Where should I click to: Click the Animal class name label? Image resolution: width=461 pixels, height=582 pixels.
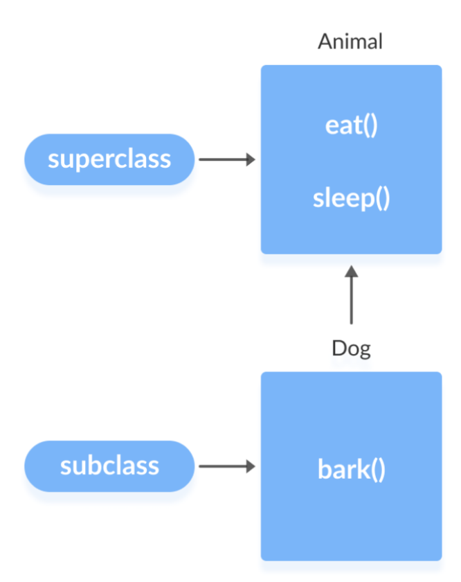[x=350, y=41]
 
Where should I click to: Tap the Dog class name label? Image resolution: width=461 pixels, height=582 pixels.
[x=351, y=349]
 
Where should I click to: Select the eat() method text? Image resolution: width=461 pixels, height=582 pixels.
[x=351, y=125]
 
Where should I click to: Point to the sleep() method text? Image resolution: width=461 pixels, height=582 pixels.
[x=351, y=198]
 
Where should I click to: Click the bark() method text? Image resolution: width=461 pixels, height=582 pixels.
[x=351, y=469]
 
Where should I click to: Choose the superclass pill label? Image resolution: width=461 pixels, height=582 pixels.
[x=109, y=159]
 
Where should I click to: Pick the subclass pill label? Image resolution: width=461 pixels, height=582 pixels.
[x=109, y=466]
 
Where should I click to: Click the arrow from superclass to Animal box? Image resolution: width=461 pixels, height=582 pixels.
[x=227, y=159]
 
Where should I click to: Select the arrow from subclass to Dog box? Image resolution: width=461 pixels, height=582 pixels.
[x=227, y=466]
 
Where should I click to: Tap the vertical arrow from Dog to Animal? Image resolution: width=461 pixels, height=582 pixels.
[x=351, y=294]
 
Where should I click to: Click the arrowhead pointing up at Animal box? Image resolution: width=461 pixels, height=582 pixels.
[x=351, y=271]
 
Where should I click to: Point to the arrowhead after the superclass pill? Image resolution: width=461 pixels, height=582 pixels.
[x=251, y=159]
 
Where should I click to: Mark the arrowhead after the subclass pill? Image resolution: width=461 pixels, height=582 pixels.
[x=251, y=466]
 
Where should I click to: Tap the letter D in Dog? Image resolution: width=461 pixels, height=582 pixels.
[x=338, y=348]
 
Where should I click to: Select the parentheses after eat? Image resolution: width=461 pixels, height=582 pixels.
[x=370, y=125]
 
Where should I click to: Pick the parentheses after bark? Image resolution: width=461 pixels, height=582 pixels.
[x=378, y=470]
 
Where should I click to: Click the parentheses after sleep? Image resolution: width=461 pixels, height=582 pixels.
[x=382, y=199]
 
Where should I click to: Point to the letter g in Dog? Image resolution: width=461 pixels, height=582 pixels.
[x=365, y=351]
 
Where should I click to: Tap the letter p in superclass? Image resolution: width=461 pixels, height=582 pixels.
[x=80, y=161]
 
